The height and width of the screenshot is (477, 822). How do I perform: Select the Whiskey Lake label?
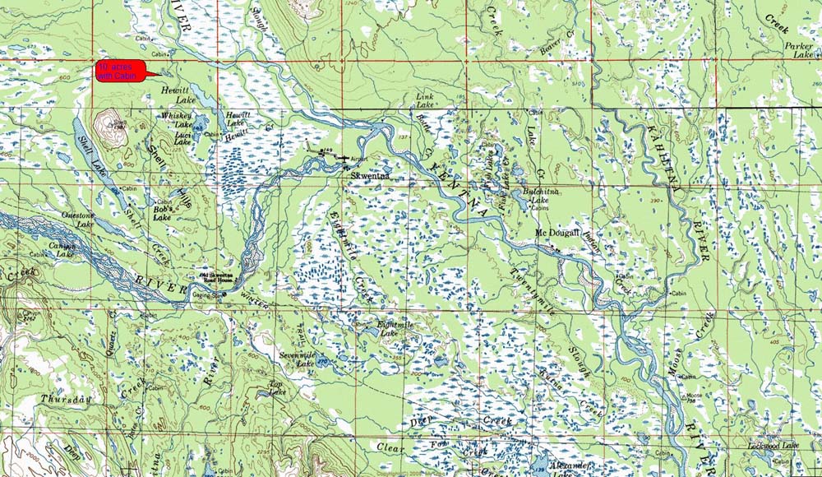coord(176,120)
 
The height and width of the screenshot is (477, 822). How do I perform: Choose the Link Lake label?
coord(424,101)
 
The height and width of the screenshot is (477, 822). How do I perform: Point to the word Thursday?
coord(67,399)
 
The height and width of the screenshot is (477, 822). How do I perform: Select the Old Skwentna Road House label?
coord(219,280)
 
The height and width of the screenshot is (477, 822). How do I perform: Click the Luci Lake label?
coord(182,138)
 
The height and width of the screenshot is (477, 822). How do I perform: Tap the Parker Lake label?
coord(797,50)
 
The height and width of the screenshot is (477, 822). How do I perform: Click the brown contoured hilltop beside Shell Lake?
coord(109,127)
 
